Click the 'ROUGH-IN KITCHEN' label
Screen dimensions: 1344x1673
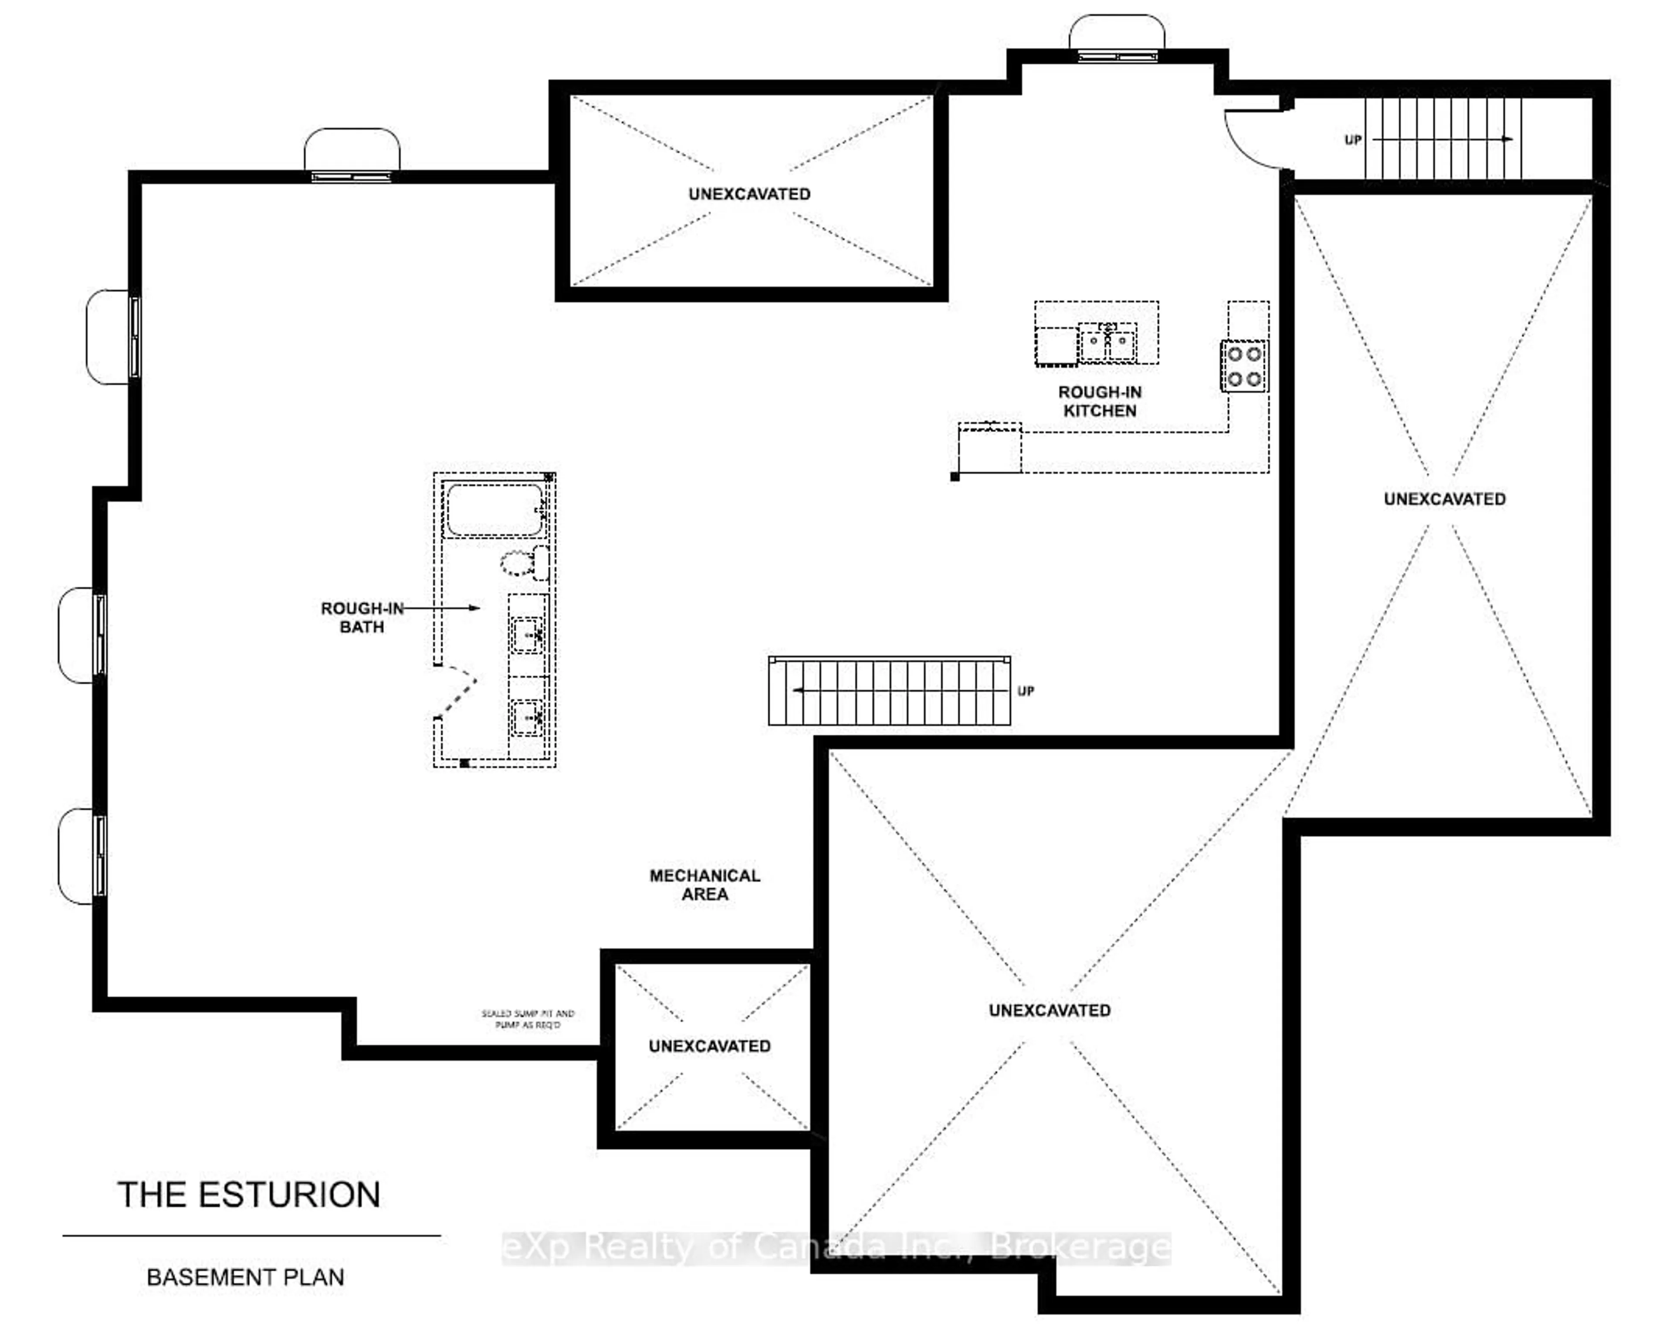(x=1100, y=402)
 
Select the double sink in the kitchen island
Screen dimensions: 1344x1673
(x=1107, y=342)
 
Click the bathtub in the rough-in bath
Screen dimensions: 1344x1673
(x=495, y=510)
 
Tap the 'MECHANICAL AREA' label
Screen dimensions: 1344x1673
(x=704, y=885)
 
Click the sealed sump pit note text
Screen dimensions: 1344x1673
(x=528, y=1019)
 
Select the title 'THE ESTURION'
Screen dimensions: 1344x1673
(x=249, y=1195)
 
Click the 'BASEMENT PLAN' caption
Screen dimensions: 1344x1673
(x=245, y=1277)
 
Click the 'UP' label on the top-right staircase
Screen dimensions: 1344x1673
(x=1352, y=140)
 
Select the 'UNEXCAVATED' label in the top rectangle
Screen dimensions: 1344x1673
(x=750, y=194)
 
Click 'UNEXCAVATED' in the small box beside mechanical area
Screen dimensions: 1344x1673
(x=709, y=1046)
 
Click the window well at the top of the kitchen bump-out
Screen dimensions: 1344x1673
(x=1117, y=37)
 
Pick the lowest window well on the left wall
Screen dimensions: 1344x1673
(x=81, y=856)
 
